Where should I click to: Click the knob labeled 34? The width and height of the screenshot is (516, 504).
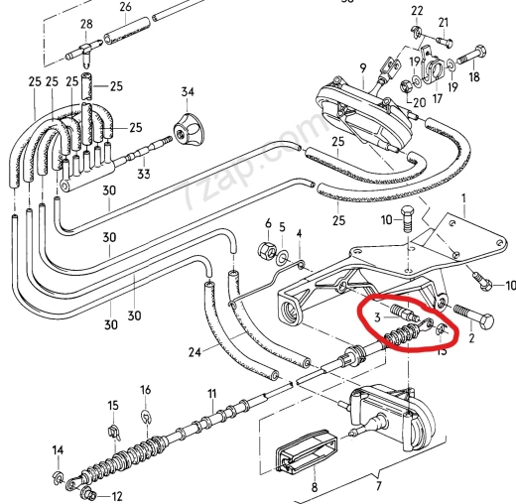(187, 128)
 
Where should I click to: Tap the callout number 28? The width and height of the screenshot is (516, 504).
(85, 24)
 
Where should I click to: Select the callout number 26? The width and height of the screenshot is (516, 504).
(125, 7)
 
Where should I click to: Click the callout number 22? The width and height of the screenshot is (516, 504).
(417, 10)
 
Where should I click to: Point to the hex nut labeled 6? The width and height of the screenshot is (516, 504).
(265, 249)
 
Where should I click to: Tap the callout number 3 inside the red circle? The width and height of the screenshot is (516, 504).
(378, 316)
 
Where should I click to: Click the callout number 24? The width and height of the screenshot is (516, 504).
(193, 352)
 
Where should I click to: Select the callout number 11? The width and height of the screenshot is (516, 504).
(210, 395)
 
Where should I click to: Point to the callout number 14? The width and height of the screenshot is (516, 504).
(57, 449)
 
